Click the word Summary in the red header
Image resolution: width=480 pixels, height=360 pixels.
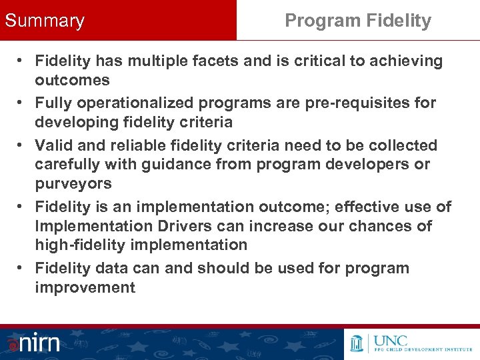45,21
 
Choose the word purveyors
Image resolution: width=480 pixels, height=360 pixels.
73,184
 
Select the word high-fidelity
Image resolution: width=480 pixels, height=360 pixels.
85,245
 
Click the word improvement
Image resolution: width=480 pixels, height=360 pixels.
85,288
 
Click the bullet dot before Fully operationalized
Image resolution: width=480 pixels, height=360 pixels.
21,103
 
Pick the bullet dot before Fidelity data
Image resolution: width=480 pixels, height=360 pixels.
21,268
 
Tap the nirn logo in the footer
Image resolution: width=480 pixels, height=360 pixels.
35,343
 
